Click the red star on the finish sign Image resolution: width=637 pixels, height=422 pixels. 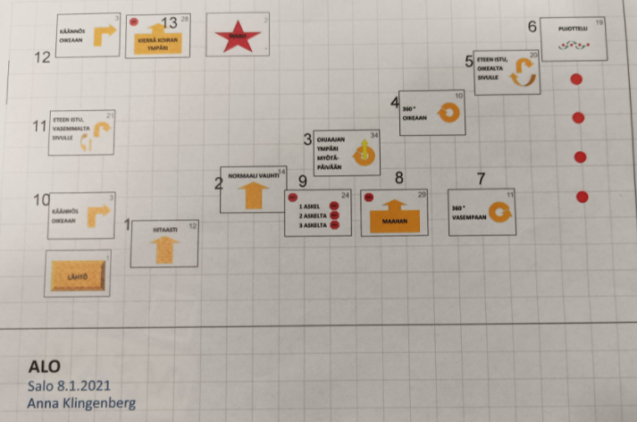pyautogui.click(x=238, y=37)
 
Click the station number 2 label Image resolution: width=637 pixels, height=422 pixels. pyautogui.click(x=218, y=184)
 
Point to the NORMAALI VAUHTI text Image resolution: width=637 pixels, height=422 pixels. pyautogui.click(x=248, y=175)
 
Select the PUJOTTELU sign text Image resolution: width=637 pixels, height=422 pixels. pyautogui.click(x=573, y=29)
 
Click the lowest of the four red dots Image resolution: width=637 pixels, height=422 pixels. pyautogui.click(x=583, y=197)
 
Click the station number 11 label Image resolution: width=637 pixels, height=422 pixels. pyautogui.click(x=38, y=127)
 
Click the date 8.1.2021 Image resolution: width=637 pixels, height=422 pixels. pyautogui.click(x=93, y=385)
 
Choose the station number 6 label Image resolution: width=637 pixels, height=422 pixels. pyautogui.click(x=532, y=27)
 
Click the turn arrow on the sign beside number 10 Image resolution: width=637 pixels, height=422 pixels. pyautogui.click(x=98, y=216)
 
